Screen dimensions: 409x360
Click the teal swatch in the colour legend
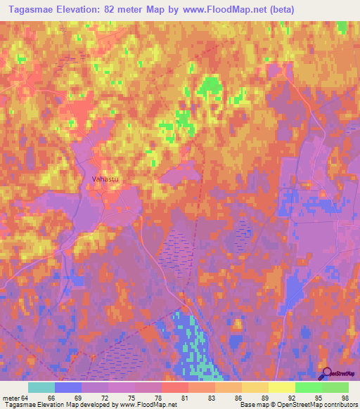[x=41, y=387]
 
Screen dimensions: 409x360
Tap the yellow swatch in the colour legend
[x=281, y=387]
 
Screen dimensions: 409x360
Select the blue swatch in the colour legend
[x=68, y=387]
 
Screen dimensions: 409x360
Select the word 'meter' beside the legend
[x=11, y=397]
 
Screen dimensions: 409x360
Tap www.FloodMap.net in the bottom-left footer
[x=148, y=405]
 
